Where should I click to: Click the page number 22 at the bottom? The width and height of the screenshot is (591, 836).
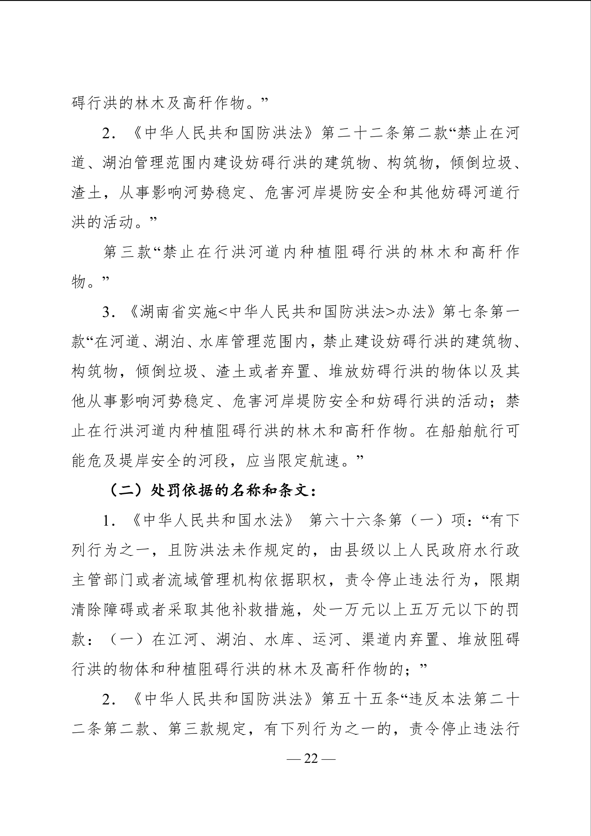tap(311, 759)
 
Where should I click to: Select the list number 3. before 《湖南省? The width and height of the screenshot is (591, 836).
tap(108, 312)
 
